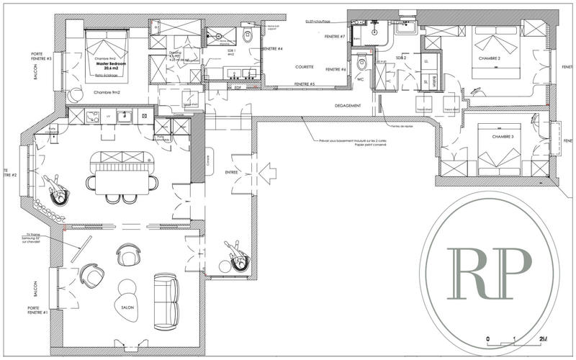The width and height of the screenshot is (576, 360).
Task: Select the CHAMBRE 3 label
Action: (x=492, y=136)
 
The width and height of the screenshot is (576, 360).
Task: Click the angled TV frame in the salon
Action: (x=78, y=249)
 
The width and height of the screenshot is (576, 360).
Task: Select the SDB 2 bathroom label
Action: (x=401, y=57)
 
